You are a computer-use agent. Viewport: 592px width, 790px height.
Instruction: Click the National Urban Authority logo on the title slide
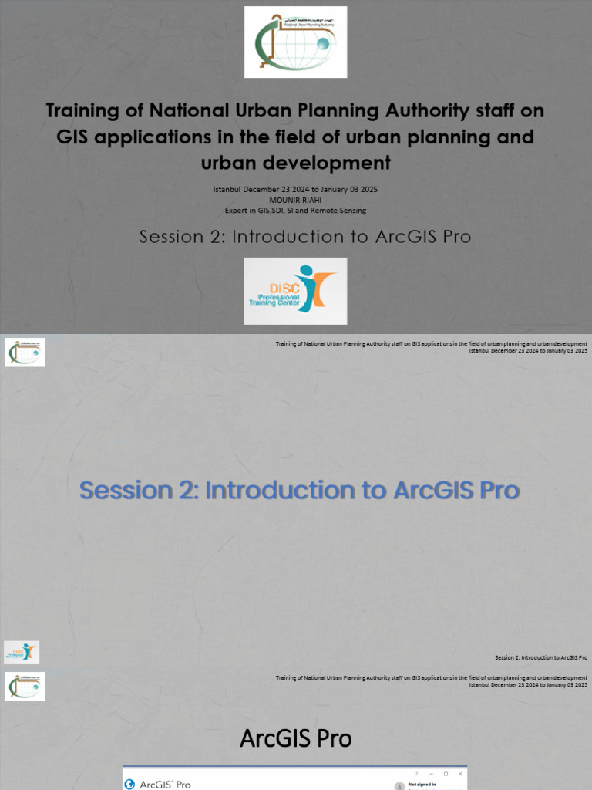pos(295,42)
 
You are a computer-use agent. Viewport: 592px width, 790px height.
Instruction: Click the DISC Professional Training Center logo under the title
pos(295,291)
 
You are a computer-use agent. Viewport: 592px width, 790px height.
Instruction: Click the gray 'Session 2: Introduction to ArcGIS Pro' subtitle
pos(304,237)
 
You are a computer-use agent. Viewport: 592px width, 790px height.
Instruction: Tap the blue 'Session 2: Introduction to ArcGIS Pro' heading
pos(299,490)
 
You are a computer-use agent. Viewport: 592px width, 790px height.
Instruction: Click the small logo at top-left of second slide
pos(25,353)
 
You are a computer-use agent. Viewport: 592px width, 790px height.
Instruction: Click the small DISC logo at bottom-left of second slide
pos(22,652)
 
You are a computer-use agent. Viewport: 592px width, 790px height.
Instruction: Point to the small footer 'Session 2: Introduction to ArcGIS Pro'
pos(541,657)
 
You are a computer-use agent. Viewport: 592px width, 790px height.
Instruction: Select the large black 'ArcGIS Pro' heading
pos(296,738)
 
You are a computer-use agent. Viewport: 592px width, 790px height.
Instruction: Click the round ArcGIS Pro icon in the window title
pos(129,785)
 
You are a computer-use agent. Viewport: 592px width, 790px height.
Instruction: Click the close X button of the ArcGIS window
pos(460,773)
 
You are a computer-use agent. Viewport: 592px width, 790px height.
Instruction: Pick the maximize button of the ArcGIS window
pos(446,773)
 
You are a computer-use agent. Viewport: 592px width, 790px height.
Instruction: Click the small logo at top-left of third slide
pos(25,686)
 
